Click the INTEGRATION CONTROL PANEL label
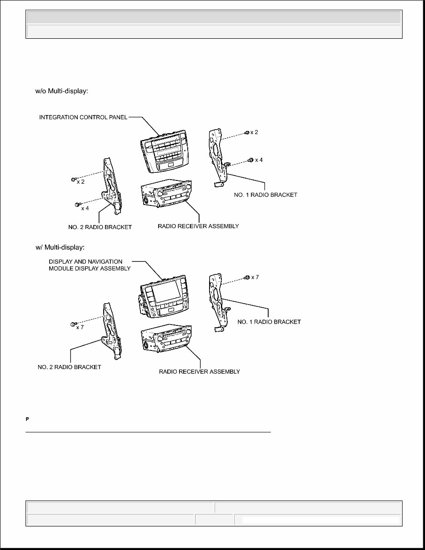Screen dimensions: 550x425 [83, 117]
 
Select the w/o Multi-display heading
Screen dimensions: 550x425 [61, 91]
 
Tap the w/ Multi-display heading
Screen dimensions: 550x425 [60, 247]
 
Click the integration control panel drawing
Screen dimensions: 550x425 [164, 153]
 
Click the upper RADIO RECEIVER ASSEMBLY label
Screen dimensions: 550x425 [198, 226]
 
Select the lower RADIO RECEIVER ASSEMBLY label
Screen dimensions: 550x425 [199, 371]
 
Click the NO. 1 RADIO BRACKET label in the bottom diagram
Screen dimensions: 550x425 [269, 321]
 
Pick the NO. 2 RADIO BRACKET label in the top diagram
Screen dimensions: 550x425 [97, 227]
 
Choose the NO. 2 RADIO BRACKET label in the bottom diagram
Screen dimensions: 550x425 [70, 367]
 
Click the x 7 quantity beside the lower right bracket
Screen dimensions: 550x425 [255, 277]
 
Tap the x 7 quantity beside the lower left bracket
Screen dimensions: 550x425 [80, 327]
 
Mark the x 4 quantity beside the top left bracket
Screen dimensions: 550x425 [85, 208]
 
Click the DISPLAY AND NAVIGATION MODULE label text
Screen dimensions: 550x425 [90, 265]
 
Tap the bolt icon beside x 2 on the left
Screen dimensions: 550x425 [73, 180]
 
